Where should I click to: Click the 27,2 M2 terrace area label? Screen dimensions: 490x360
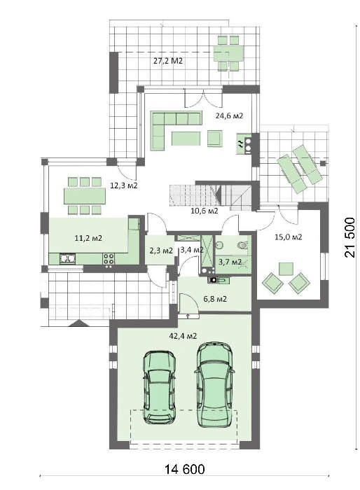pyautogui.click(x=168, y=61)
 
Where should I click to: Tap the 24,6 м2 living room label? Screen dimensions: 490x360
pyautogui.click(x=229, y=115)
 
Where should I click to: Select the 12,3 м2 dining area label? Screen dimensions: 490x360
pyautogui.click(x=123, y=186)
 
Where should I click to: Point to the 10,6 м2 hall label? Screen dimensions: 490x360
pyautogui.click(x=204, y=209)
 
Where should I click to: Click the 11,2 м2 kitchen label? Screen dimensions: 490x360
pyautogui.click(x=88, y=238)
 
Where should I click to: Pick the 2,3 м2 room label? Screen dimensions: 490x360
pyautogui.click(x=160, y=250)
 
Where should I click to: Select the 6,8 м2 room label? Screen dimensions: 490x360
pyautogui.click(x=214, y=298)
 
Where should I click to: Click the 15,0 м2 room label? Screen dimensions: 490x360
pyautogui.click(x=288, y=237)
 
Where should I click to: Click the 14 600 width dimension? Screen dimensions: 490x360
pyautogui.click(x=181, y=469)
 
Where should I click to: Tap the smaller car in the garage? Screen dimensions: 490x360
pyautogui.click(x=160, y=386)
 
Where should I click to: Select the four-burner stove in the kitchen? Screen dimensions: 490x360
pyautogui.click(x=109, y=259)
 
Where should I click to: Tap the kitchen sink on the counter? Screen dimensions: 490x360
pyautogui.click(x=67, y=259)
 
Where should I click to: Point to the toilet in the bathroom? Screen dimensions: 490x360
pyautogui.click(x=242, y=245)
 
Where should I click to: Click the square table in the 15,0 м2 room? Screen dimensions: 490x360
pyautogui.click(x=285, y=269)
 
